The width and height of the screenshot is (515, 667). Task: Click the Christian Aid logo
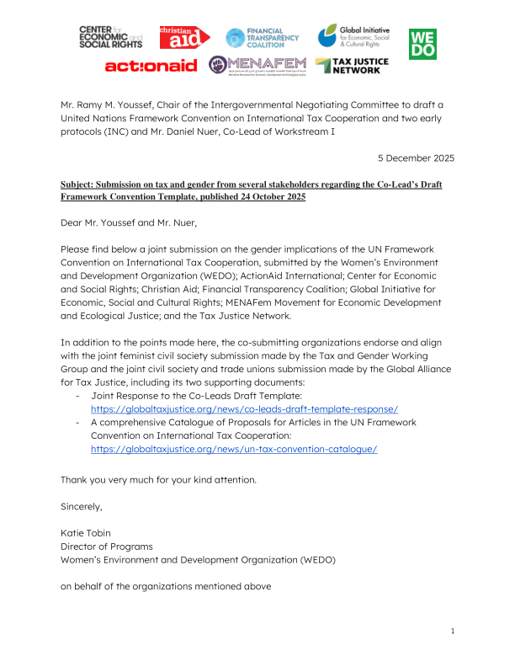tap(182, 38)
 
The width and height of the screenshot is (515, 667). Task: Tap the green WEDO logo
tap(422, 44)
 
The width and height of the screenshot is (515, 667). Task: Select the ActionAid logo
tap(151, 66)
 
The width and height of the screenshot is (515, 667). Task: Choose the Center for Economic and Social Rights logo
tap(110, 38)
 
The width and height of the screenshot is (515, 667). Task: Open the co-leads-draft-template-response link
tap(244, 408)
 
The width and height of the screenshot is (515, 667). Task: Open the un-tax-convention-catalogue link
tap(234, 449)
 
